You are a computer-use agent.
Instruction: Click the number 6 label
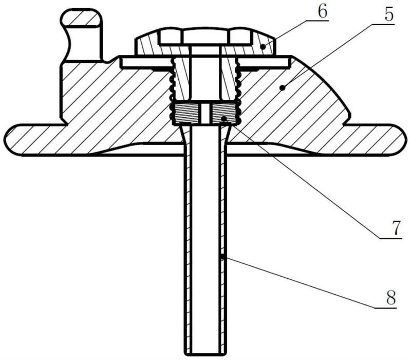[322, 12]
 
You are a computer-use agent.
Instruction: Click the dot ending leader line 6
[263, 47]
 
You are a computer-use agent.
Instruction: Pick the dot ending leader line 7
[224, 119]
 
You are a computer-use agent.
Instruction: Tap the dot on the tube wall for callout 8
[222, 256]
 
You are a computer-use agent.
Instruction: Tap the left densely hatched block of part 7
[186, 113]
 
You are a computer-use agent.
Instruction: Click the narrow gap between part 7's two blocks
[205, 113]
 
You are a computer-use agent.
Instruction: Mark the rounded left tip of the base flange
[8, 139]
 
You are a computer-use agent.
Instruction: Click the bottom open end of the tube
[205, 354]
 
